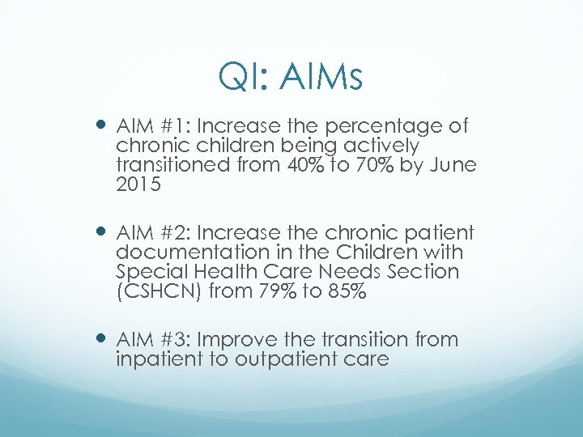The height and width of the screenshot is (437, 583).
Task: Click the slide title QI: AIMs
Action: coord(291,78)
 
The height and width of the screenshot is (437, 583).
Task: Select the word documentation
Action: coord(189,253)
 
